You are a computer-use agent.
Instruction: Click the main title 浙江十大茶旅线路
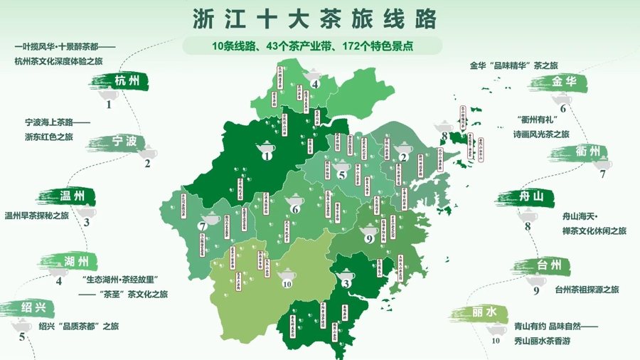[314, 18]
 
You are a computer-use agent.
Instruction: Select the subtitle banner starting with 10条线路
[313, 46]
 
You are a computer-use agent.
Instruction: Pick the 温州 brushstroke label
[69, 196]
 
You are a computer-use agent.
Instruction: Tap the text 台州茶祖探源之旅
[587, 290]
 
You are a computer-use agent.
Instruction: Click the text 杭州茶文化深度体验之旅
[58, 61]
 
